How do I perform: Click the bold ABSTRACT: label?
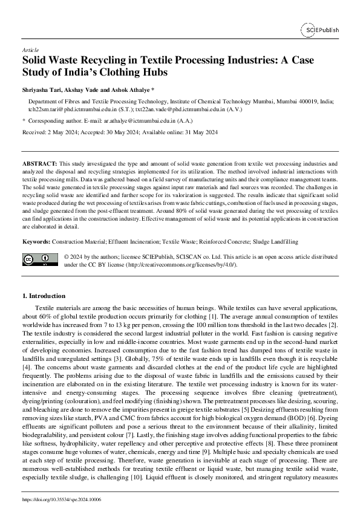pyautogui.click(x=40, y=164)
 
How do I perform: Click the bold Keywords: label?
pyautogui.click(x=36, y=242)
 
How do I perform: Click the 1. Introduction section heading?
pyautogui.click(x=44, y=296)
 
